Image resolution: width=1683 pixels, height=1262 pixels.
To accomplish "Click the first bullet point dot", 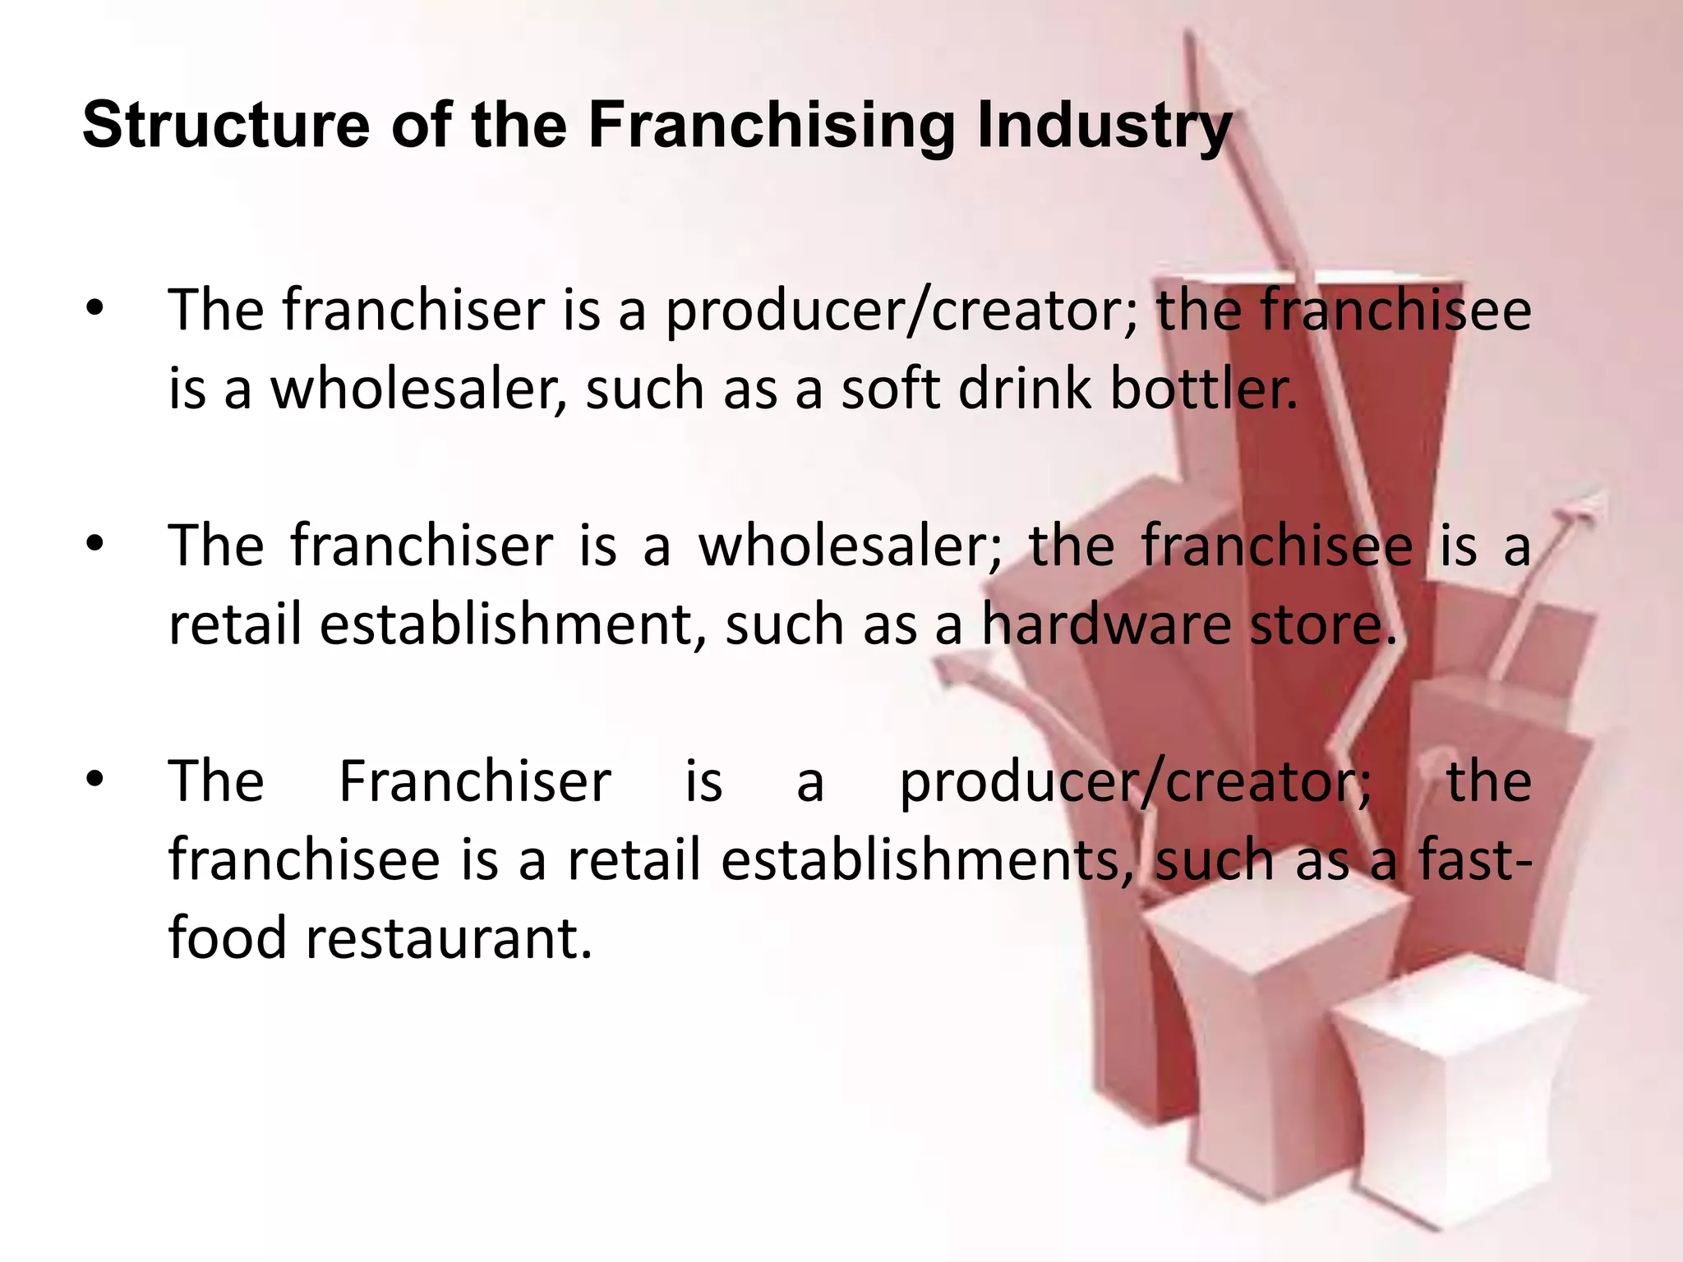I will click(96, 310).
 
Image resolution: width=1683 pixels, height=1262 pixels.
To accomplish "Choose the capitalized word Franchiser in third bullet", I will click(475, 781).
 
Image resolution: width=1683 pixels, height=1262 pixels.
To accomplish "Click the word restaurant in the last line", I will click(449, 938).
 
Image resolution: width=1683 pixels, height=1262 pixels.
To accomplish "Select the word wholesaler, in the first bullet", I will click(419, 389).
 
